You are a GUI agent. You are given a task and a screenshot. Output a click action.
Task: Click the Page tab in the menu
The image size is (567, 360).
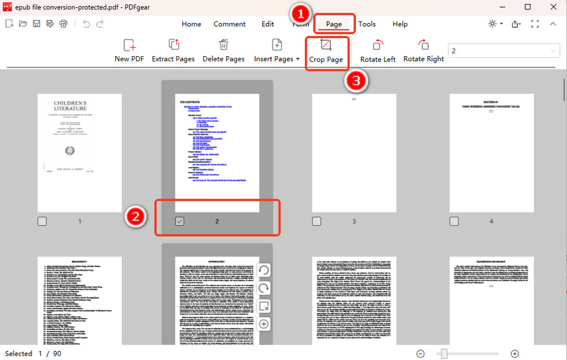point(334,24)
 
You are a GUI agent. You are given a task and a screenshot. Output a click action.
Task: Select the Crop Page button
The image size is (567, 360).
point(326,51)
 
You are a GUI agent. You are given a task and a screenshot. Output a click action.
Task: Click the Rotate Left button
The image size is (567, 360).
point(378,51)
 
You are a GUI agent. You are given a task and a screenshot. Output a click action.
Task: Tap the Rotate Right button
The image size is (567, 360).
point(424,51)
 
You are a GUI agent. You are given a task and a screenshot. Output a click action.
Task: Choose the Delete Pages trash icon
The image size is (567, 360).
point(223,45)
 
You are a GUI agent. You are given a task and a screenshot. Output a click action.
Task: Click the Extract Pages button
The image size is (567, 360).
point(174,51)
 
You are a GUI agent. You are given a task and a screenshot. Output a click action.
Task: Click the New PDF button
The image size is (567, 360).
point(129,51)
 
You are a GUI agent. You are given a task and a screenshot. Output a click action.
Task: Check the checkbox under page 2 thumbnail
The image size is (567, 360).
point(179,221)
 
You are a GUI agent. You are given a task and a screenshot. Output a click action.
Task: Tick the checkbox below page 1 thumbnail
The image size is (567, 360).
point(42,221)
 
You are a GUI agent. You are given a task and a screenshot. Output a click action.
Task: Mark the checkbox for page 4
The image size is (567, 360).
point(454,221)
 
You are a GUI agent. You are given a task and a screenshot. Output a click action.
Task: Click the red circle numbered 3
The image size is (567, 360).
point(356,82)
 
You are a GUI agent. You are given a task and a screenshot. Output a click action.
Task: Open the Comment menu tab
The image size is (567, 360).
point(230,24)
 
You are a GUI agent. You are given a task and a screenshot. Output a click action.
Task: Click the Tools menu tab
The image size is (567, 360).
point(367,24)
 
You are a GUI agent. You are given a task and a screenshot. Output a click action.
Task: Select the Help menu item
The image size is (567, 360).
point(400,24)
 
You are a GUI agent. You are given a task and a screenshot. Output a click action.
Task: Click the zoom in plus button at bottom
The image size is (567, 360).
point(514,354)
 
